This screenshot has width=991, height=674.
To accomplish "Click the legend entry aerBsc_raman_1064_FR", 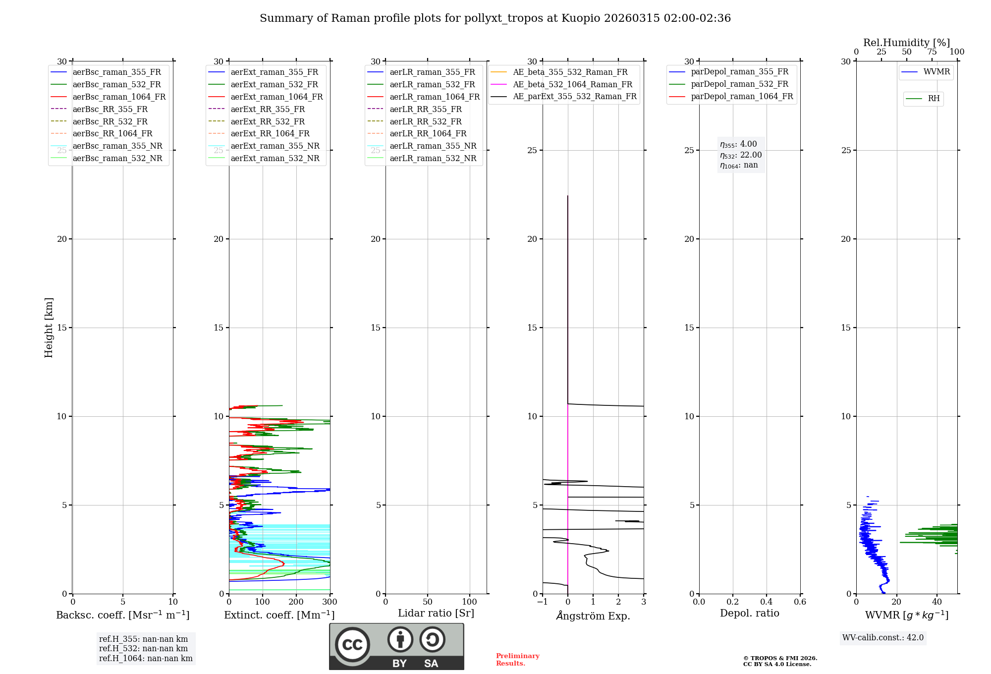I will click(x=119, y=97).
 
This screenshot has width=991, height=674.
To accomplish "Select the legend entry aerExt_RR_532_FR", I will click(x=268, y=121).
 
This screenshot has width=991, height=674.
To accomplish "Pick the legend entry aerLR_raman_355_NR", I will click(x=433, y=146).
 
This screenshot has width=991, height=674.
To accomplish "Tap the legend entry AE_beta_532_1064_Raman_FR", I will click(x=572, y=84).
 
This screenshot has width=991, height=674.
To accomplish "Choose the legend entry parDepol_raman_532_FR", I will click(x=739, y=84).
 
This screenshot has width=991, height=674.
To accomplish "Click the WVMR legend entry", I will click(x=936, y=72).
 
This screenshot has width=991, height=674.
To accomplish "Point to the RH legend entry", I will click(x=934, y=99).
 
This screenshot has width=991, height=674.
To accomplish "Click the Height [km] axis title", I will click(x=49, y=328).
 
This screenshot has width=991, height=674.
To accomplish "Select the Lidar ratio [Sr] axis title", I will click(x=436, y=613).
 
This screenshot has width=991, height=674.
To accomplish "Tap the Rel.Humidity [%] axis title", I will click(x=906, y=43).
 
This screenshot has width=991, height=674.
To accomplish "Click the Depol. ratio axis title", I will click(x=749, y=613).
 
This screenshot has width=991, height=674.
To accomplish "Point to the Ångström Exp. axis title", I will click(x=593, y=616).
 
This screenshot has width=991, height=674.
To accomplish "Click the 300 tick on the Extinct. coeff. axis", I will click(x=330, y=602).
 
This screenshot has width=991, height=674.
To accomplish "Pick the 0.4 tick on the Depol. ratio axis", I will click(x=766, y=602).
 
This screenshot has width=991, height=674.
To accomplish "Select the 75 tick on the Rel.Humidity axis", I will click(x=932, y=52).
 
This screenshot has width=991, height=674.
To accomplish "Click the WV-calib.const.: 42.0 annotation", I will click(x=883, y=637).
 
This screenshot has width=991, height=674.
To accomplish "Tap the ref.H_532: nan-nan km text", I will click(x=143, y=648).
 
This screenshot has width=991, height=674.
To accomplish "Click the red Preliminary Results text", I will click(x=517, y=659).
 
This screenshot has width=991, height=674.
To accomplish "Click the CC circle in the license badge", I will click(x=352, y=644).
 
